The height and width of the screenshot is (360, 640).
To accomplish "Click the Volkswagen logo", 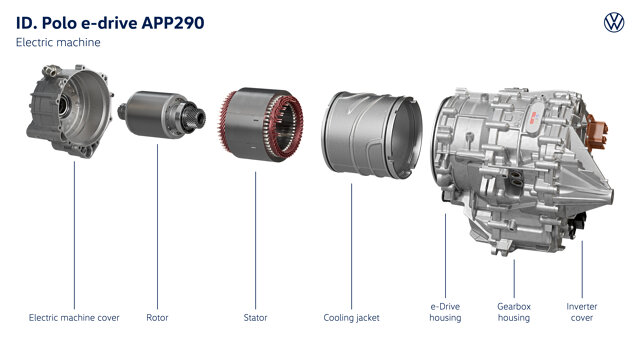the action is (614, 22).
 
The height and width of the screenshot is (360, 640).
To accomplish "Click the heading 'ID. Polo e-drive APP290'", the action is (110, 23).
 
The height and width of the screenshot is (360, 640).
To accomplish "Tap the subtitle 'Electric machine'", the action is (58, 42).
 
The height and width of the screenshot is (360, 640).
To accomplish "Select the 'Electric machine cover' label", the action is (74, 318).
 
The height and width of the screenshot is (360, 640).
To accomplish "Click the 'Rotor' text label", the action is (157, 318).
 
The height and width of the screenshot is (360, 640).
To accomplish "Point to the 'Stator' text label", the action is (256, 318).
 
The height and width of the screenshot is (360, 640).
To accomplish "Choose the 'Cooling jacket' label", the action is (351, 318).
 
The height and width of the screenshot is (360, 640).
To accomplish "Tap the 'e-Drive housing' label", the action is (445, 312).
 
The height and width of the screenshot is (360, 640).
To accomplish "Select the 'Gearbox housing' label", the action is (514, 312).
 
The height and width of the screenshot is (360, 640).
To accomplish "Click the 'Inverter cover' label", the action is (582, 312).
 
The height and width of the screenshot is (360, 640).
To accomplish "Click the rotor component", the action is (162, 114).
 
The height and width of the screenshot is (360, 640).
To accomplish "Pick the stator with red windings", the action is (260, 124).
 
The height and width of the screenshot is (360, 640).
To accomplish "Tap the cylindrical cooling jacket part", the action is (372, 134).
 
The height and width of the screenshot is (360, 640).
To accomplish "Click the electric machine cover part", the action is (70, 111).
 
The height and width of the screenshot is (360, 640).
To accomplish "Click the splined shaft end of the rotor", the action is (195, 117).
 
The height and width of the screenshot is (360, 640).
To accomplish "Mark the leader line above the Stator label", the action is (256, 240).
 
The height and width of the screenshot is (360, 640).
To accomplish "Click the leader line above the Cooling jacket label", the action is (351, 247).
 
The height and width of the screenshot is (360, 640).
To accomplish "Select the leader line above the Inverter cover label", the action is (582, 269).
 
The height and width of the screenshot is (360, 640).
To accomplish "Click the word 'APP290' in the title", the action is (173, 23).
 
